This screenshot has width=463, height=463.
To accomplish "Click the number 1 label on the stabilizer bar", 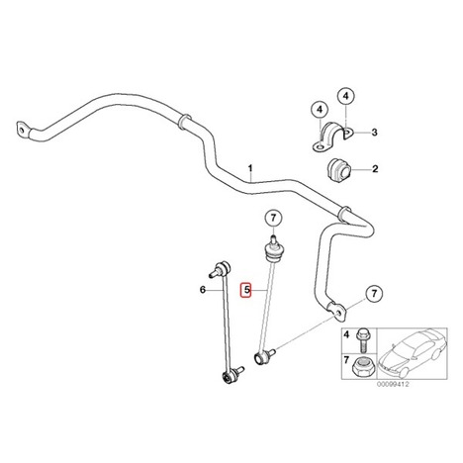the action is coord(250,168).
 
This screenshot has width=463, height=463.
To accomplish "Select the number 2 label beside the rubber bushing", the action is coord(375,169).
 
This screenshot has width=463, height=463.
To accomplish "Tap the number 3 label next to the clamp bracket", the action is coord(374,133).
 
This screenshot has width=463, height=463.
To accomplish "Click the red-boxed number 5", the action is coord(246,290).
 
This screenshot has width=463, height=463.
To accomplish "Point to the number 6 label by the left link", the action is coord(203,290).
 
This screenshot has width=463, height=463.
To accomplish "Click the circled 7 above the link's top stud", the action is coord(273,218).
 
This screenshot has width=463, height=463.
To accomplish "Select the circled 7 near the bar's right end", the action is coord(374,293).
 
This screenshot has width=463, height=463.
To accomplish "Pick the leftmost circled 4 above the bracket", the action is coord(320,110).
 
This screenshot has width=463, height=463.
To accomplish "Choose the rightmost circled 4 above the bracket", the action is coord(345,96).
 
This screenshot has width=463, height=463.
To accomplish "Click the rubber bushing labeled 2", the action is coord(338,169).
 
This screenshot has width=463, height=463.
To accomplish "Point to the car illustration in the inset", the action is coord(412,353).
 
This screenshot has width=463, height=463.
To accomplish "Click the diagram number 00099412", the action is coord(394,384).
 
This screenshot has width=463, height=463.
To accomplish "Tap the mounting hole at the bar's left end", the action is coord(22,131).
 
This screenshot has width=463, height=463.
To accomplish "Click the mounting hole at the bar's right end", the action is coord(337,313).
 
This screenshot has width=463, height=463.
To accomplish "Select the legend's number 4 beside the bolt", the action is coord(346,335).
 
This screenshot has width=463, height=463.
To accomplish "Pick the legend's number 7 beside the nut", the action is coord(346,360).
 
